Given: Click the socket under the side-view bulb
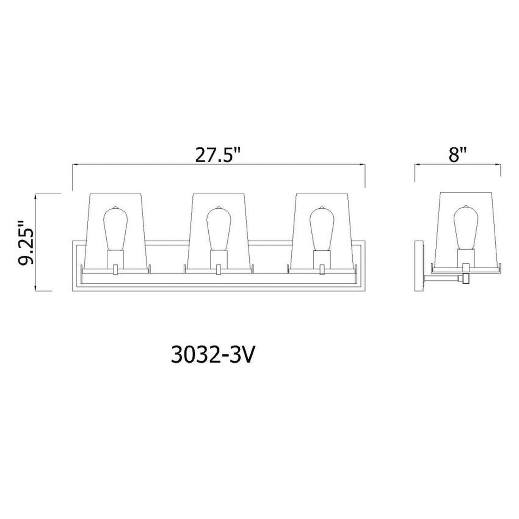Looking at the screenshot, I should [x=466, y=257].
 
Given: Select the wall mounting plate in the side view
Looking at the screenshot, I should [x=419, y=264].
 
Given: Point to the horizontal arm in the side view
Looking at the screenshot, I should [x=442, y=278].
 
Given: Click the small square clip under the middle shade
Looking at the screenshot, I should [x=218, y=269].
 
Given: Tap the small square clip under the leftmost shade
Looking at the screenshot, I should [x=115, y=269].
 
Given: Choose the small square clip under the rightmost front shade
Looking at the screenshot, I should [x=322, y=269].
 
